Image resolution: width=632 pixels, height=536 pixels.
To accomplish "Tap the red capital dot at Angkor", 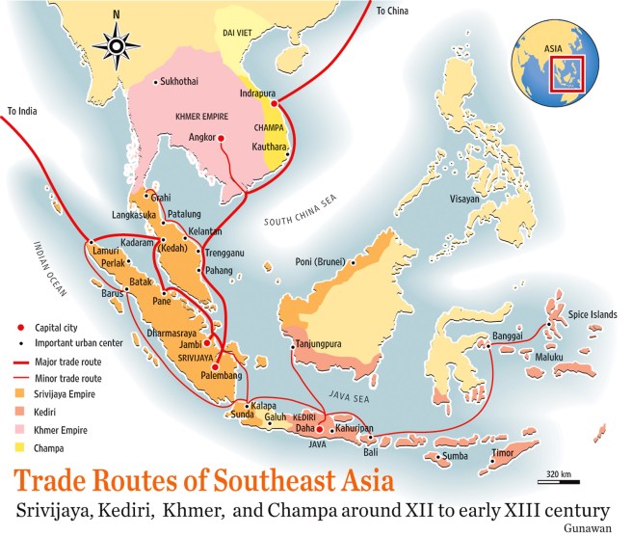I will [221, 139].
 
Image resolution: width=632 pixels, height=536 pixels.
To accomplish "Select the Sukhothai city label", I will [186, 83].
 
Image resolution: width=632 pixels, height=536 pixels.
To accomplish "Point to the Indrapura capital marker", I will [274, 102].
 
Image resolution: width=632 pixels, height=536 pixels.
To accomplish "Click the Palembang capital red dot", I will [214, 367].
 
